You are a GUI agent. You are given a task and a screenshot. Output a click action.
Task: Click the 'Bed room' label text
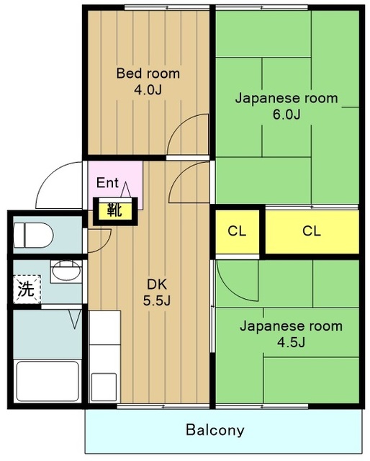[148, 73]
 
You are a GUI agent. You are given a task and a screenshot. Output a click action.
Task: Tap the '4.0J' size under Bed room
[148, 90]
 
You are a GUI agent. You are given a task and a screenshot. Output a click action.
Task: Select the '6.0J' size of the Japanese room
[286, 115]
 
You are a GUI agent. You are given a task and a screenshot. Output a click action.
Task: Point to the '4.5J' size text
[291, 342]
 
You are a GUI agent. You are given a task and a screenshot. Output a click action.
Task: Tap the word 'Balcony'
[215, 431]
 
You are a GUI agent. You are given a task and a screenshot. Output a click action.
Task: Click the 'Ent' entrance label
[107, 182]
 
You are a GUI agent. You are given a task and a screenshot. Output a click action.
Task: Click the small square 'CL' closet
[237, 231]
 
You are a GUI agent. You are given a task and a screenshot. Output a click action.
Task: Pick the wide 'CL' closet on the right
[311, 231]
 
